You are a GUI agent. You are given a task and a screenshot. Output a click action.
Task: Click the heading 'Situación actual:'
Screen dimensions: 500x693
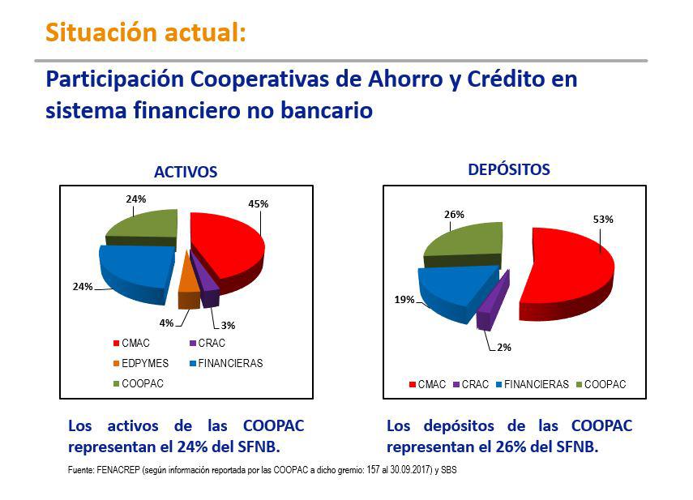[x=144, y=33]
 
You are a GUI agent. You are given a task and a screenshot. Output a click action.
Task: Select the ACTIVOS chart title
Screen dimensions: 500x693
[x=186, y=173]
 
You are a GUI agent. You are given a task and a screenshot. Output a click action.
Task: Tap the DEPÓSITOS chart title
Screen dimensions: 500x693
[x=509, y=170]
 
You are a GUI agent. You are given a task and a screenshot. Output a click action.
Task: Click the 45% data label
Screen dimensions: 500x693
[x=259, y=203]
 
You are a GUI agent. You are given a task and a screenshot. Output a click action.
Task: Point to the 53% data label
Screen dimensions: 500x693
[x=603, y=219]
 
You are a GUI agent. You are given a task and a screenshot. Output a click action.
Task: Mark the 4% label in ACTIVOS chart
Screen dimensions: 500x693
[x=166, y=323]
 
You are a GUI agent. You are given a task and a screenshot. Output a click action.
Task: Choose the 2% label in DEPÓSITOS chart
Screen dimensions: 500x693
[x=504, y=348]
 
